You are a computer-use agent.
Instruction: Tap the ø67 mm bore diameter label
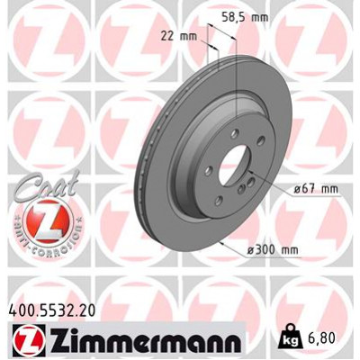click(317, 188)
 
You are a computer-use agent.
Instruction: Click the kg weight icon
click(290, 339)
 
